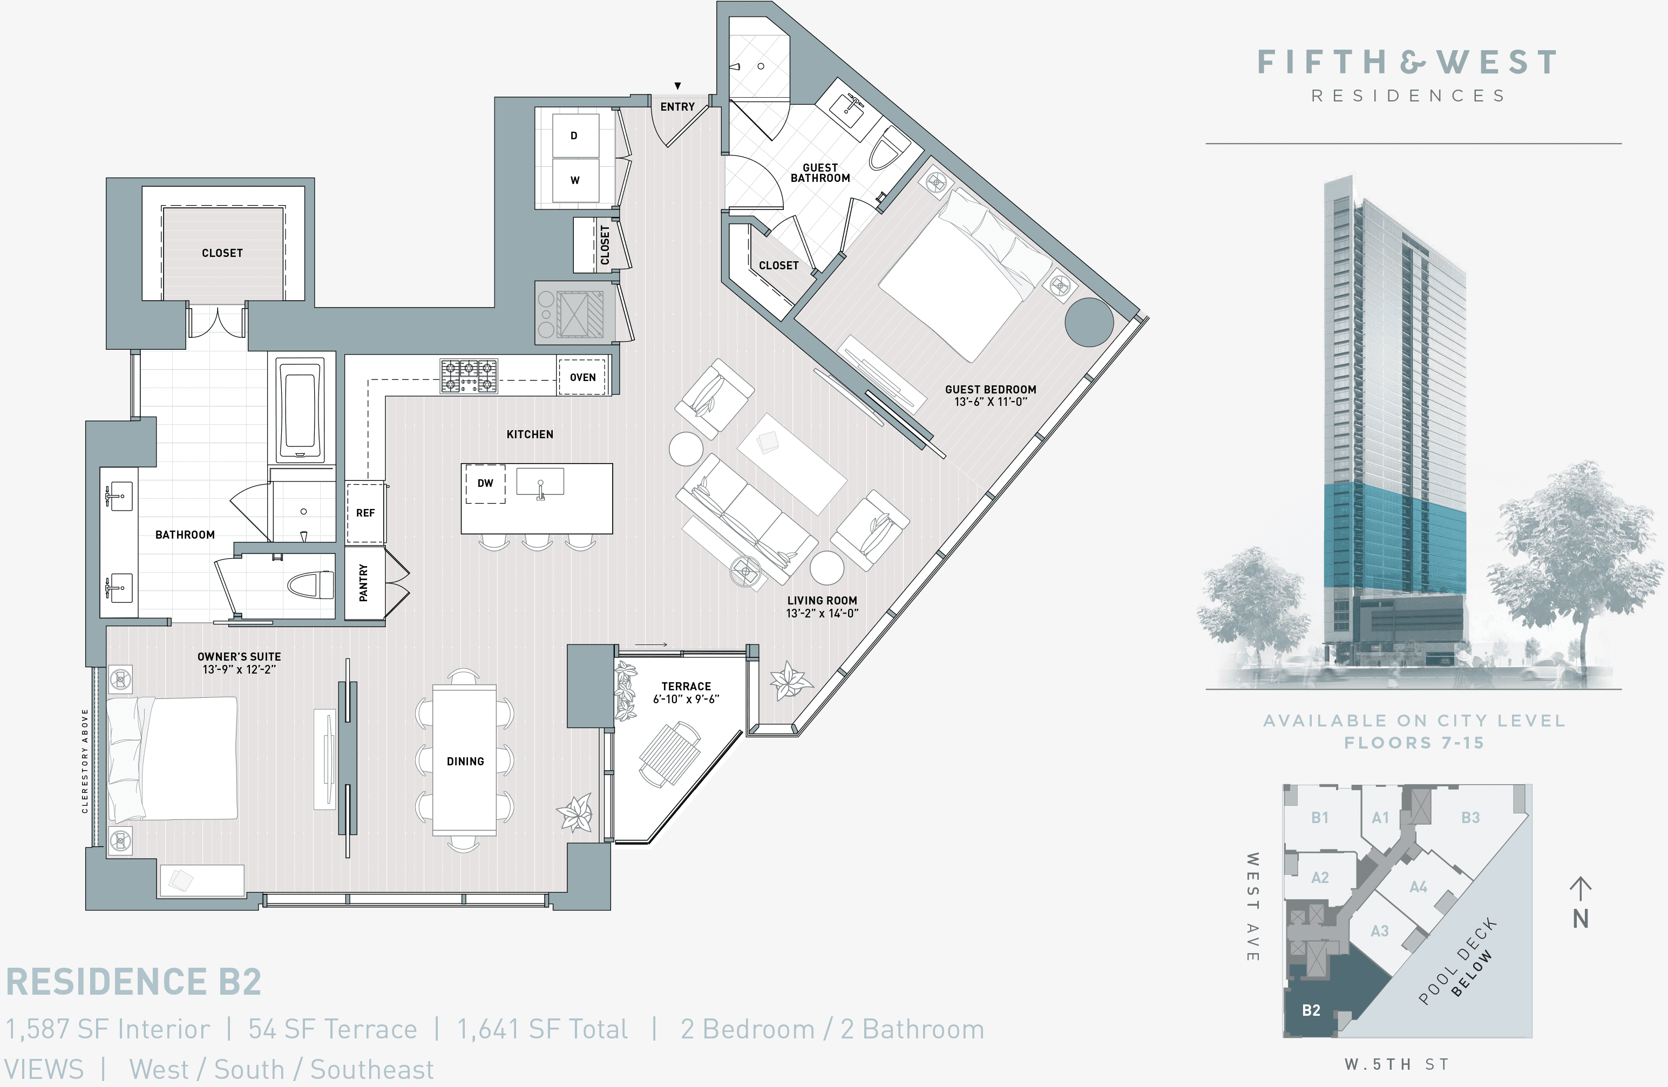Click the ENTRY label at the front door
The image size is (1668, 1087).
point(677,106)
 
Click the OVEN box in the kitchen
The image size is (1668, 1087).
point(582,377)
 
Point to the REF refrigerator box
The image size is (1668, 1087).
point(365,512)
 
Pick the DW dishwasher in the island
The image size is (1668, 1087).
point(485,483)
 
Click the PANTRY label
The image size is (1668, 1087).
point(363,583)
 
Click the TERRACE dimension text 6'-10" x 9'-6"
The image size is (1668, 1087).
point(686,699)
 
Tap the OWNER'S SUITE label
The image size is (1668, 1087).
point(239,657)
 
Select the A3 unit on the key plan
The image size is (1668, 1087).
point(1379,930)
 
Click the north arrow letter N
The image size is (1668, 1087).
point(1581,919)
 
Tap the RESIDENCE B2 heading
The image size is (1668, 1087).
point(134,981)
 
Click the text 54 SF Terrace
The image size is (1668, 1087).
point(332,1029)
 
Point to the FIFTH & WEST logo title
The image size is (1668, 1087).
point(1407,63)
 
